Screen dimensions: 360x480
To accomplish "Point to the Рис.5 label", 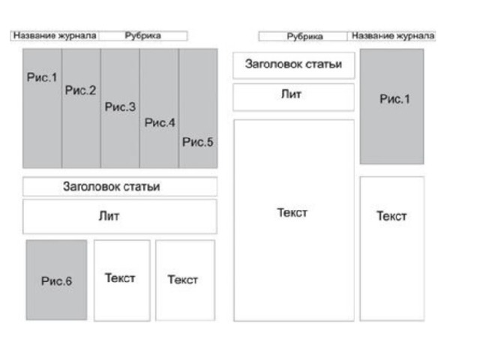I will click(x=198, y=142).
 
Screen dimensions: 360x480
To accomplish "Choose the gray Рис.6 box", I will click(x=57, y=280).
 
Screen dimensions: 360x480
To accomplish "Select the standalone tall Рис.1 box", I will click(x=391, y=106).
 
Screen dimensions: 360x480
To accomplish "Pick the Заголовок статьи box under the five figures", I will click(x=120, y=187).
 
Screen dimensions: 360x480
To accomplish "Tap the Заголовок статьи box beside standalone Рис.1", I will click(x=293, y=65).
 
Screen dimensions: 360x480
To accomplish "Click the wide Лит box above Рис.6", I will click(x=120, y=216).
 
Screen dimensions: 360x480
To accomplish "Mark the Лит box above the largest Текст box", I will click(x=293, y=97).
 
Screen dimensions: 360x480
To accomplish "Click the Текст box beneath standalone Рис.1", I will click(x=391, y=248).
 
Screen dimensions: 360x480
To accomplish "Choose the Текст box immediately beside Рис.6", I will click(x=121, y=280).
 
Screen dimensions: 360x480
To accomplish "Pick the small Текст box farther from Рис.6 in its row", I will click(x=184, y=280).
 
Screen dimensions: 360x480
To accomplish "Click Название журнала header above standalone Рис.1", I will click(x=392, y=35).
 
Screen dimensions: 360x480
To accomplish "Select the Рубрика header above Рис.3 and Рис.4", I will click(x=143, y=35).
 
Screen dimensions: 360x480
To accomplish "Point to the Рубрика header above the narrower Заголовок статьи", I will click(x=304, y=35).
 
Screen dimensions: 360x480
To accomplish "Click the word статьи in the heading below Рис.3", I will click(x=144, y=187).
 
